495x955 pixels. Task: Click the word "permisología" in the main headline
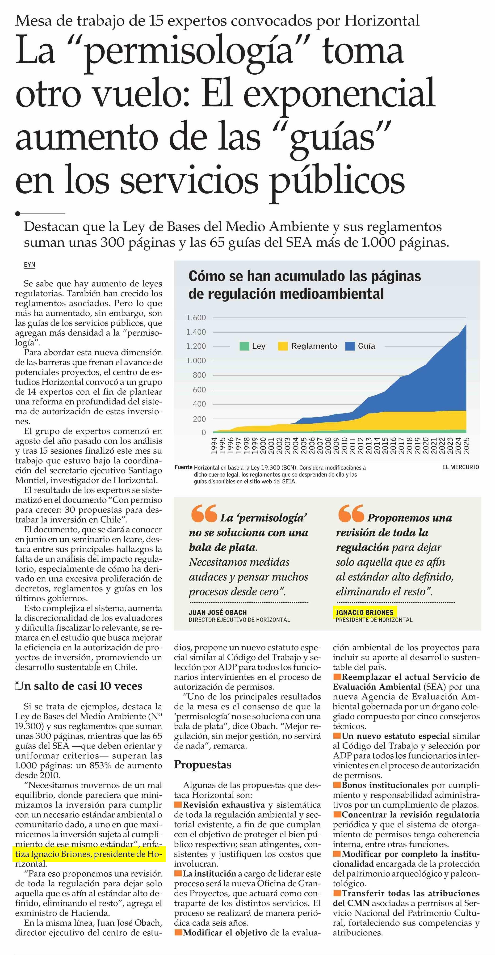pos(189,52)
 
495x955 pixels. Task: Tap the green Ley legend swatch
pos(244,346)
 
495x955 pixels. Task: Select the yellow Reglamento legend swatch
pos(283,346)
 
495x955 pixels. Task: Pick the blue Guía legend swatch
pos(350,346)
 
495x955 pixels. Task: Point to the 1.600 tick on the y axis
pos(196,318)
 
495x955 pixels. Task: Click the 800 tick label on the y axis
pos(199,375)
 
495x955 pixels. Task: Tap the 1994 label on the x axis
pos(214,446)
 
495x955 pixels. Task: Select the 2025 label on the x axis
pos(466,446)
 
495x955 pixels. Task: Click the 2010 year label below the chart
pos(344,446)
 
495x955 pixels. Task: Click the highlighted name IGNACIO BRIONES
pos(364,613)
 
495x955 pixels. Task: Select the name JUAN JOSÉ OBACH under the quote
pos(218,613)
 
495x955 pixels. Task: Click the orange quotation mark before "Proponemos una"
pos(351,513)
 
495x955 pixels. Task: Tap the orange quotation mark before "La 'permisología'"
pos(204,513)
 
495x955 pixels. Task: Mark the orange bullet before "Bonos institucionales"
pos(337,785)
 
